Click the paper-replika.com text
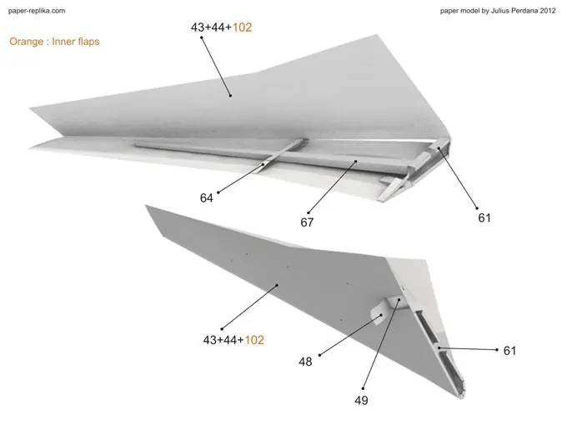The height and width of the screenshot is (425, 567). coord(37,11)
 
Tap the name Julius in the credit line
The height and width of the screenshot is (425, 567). coord(499,11)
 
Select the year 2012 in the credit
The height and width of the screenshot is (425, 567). coord(548,11)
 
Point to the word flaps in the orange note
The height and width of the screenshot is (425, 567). coord(86,42)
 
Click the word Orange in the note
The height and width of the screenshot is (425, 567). coord(27,42)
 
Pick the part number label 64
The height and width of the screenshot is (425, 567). coord(207,198)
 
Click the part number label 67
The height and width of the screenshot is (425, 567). coord(307,222)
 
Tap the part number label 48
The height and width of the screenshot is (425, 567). coord(305,362)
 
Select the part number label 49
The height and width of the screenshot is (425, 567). coord(361,401)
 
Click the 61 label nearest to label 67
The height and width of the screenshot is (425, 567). coord(484,218)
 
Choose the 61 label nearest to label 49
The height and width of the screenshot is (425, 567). coord(509,351)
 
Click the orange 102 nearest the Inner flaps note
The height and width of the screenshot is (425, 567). coord(242,27)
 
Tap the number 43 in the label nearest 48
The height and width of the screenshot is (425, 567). coord(210,340)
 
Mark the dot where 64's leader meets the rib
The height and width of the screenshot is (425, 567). coord(263,165)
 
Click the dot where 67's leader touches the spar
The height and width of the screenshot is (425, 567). coord(356,161)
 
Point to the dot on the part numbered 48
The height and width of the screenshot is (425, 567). coord(381,315)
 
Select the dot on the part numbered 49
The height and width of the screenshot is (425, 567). coord(399,299)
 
